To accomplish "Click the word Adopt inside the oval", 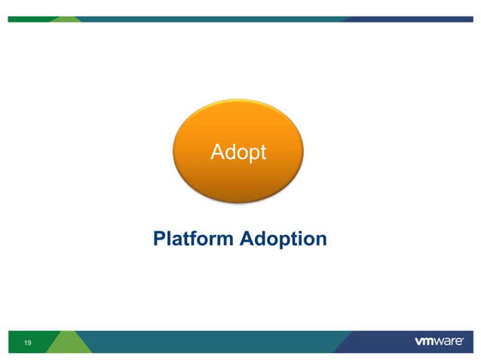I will coord(238,152).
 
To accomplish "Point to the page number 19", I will coord(28,343).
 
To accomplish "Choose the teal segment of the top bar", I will coord(226,19).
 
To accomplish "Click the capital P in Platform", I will coord(158,239).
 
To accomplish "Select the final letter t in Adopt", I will coord(262,152).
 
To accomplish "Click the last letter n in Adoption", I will coord(320,239).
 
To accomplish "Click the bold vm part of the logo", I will coord(425,342).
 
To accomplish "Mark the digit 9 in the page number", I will coord(30,343).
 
